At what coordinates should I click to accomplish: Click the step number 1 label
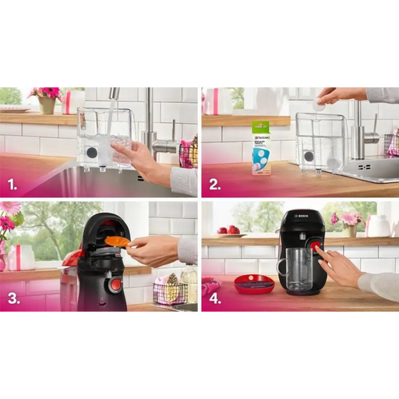point(12,185)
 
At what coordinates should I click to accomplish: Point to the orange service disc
point(117,242)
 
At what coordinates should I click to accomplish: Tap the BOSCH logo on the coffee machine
point(302,215)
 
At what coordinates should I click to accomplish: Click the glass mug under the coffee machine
point(297,269)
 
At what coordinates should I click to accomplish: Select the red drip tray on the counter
point(254,284)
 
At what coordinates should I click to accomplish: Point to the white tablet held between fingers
point(319,103)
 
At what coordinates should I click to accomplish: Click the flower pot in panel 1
point(47,104)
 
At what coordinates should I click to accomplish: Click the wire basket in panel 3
point(170,292)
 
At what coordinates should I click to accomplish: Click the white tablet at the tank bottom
point(334,164)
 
